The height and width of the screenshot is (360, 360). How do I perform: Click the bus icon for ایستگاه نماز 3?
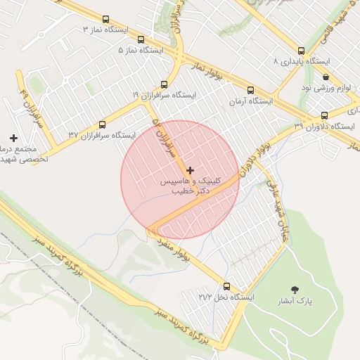coord(105,20)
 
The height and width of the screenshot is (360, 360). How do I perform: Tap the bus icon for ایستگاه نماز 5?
coord(141,40)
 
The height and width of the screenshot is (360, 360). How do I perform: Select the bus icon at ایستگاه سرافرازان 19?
coord(165,84)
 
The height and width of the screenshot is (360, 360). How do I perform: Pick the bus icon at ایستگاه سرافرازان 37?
coord(103,124)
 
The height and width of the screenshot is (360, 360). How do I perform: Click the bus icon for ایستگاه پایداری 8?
coord(301,51)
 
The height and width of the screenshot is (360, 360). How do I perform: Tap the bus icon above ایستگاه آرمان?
coord(250,90)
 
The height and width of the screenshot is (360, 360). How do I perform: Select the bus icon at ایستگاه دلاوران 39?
coord(323,115)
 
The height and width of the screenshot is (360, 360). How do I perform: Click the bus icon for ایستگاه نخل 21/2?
coord(226,286)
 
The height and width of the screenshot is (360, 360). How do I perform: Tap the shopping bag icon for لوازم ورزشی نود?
coord(325,77)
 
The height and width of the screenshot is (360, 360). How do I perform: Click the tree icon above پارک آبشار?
coord(294,289)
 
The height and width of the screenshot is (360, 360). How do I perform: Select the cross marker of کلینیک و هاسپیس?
coord(190,170)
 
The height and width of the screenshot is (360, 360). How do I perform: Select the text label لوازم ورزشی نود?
coord(325,87)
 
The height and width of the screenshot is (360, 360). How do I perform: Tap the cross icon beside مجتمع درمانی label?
coord(13,138)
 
